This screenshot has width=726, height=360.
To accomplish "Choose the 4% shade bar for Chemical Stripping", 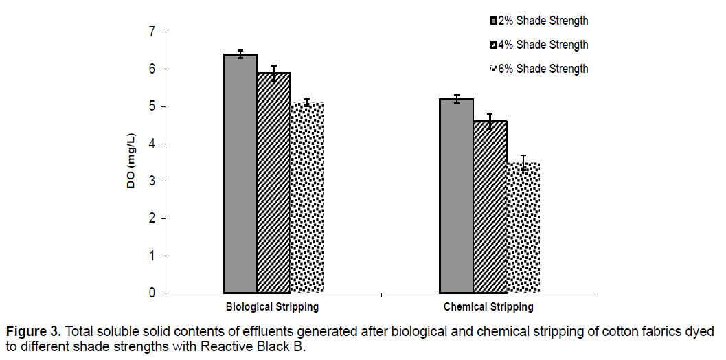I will tap(489, 207).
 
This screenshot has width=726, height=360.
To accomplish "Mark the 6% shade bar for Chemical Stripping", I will tap(523, 227).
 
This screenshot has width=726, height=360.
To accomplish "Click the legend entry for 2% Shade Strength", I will tap(538, 21).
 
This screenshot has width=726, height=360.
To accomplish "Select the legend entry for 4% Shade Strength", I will tap(538, 45).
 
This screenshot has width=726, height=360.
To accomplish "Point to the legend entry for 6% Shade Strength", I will tap(538, 69).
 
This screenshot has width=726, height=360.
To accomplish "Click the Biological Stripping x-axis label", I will tap(273, 307).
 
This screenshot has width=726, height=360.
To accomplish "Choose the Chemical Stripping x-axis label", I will tap(488, 307).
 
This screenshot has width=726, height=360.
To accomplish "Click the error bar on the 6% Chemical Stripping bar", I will tap(523, 163).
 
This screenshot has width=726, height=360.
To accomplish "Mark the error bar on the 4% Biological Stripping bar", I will tap(273, 73).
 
